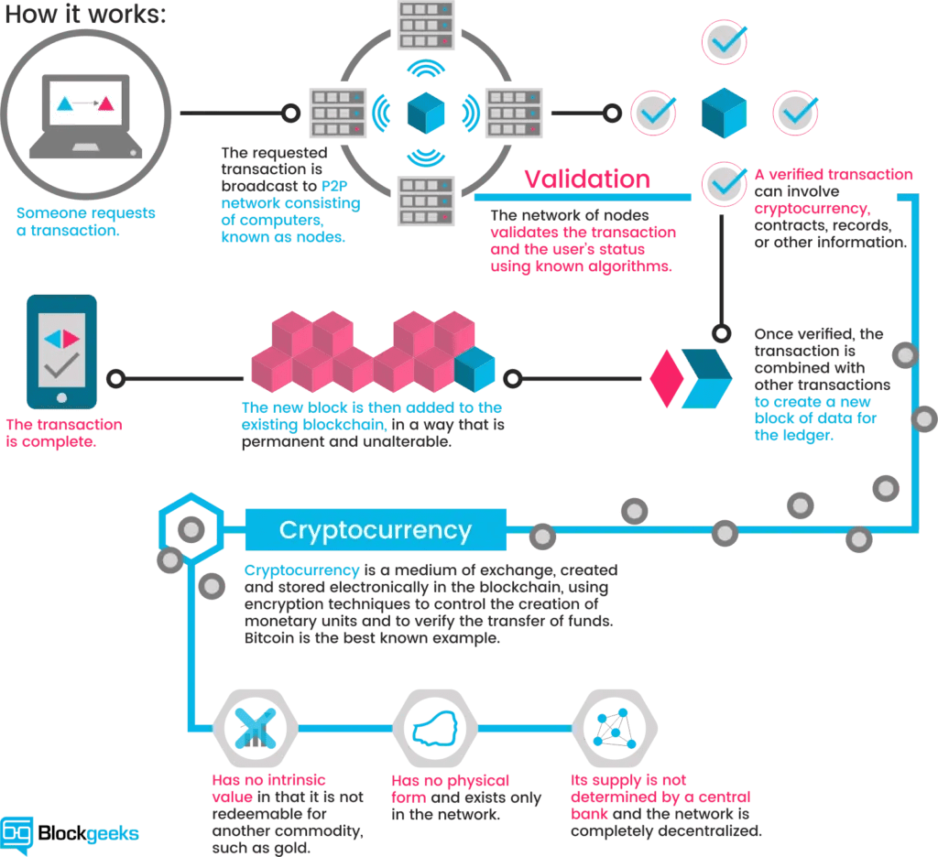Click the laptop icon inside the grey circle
(x=86, y=114)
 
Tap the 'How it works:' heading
(x=84, y=16)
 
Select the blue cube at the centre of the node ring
(x=426, y=113)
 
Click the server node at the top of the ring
(x=426, y=26)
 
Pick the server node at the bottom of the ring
(x=426, y=201)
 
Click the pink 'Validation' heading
(x=587, y=179)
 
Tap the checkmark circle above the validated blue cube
(x=725, y=41)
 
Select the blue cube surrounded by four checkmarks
(x=725, y=112)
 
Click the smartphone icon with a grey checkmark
(x=61, y=351)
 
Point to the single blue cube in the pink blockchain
(x=475, y=369)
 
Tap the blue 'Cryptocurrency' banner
(x=376, y=530)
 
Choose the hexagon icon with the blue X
(x=255, y=730)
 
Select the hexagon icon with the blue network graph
(x=613, y=730)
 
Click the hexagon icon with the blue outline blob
(x=435, y=730)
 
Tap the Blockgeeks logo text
(x=88, y=833)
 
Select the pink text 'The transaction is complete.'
(x=63, y=433)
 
